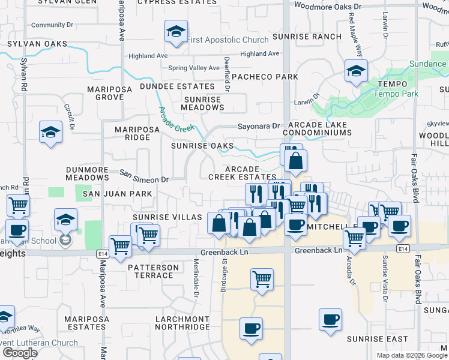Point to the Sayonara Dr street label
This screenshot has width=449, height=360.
(259, 127)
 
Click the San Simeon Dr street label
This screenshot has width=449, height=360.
(144, 176)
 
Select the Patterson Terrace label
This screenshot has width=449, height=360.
(153, 271)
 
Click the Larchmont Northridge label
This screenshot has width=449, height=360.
(182, 323)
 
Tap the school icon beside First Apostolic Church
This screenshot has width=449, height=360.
(176, 33)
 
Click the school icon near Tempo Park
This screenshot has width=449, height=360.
(356, 72)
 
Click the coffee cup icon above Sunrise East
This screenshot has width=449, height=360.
(330, 320)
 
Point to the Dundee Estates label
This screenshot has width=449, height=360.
(170, 86)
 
